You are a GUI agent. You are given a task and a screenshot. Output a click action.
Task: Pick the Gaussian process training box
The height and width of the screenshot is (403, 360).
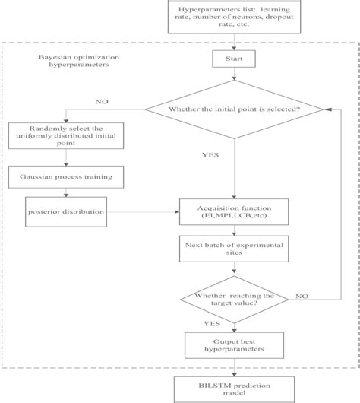66,176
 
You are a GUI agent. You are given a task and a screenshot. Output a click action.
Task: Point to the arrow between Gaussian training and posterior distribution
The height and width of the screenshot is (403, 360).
66,193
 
